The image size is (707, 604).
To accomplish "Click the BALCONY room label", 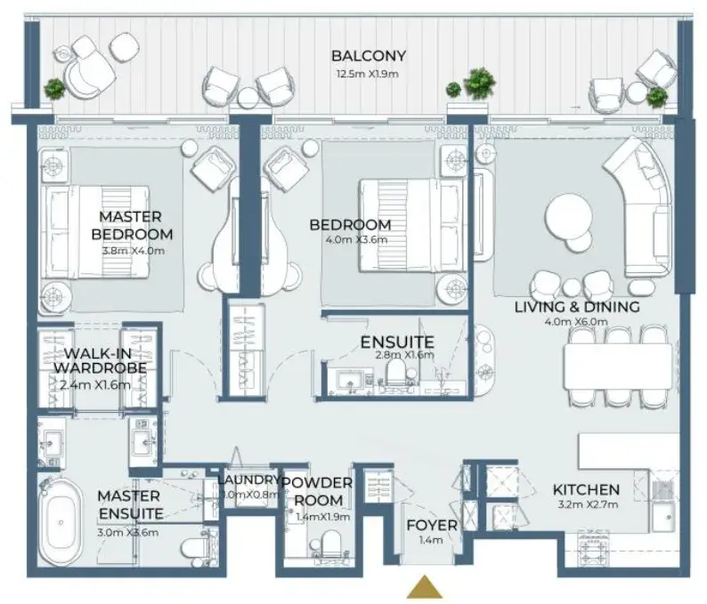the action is pos(369,56).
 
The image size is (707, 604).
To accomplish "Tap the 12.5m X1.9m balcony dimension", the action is pos(368,75).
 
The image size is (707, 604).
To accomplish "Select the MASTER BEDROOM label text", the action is pos(132,225).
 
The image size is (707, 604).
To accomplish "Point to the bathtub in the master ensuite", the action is pos(61,522).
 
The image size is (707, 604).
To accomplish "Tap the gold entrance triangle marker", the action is pos(425,586).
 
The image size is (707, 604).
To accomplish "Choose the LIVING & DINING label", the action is pos(577,307).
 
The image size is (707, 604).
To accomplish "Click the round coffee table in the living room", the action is pos(569,216).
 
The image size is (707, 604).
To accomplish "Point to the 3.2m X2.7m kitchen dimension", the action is pos(588,504).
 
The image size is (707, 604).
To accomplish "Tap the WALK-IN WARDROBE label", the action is pos(100,360).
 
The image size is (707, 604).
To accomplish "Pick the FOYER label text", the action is pos(432,525).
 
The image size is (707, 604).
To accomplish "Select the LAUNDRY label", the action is pos(248,480).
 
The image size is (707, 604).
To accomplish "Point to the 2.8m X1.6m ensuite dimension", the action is pos(404,355).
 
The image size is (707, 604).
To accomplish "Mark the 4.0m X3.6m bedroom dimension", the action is pos(356,239).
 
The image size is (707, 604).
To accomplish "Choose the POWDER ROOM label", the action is pos(317,491).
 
